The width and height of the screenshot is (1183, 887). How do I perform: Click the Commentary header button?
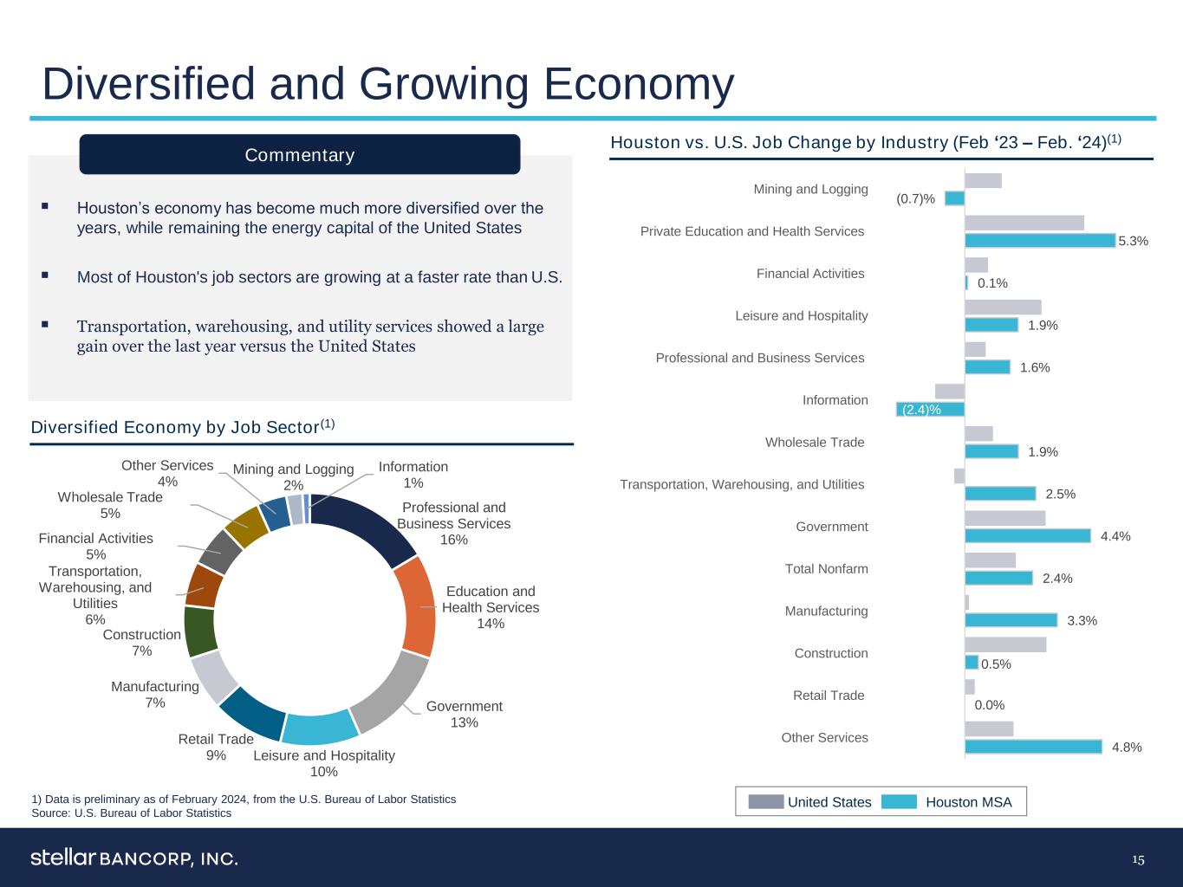pos(299,154)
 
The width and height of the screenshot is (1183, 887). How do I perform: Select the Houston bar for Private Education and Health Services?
pos(1039,240)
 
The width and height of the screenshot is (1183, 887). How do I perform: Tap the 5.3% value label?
pos(1133,241)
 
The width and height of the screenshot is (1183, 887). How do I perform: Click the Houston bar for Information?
pos(930,409)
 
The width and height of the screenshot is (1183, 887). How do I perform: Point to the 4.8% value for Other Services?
pos(1127,747)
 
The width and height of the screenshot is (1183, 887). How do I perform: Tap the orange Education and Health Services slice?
pos(419,606)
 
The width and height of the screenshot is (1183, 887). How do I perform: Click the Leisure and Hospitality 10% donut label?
pos(323,763)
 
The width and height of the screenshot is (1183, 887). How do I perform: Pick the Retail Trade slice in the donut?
pos(251,713)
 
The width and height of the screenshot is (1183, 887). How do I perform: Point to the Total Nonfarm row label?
pos(826,569)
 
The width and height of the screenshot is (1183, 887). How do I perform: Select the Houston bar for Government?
pos(1027,535)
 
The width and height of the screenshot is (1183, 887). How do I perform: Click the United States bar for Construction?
pos(1005,644)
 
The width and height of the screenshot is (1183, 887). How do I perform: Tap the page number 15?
pos(1138,859)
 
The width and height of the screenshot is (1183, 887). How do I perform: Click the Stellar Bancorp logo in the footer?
pos(134,858)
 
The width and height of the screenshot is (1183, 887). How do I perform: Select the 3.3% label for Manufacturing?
pos(1082,620)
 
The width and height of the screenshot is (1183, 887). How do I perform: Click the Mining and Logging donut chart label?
pos(293,477)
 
